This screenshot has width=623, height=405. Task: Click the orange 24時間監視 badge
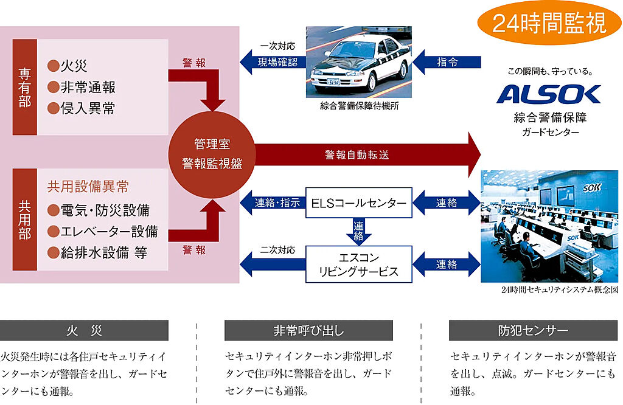(x=549, y=24)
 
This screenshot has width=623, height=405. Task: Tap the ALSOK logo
(x=549, y=94)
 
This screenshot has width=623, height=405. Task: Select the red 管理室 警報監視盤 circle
(x=211, y=154)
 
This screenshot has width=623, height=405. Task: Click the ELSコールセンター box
(x=358, y=202)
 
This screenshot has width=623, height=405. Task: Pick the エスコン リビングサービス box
(x=359, y=265)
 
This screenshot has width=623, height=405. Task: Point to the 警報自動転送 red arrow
(x=365, y=154)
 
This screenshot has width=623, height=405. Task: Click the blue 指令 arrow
(x=447, y=61)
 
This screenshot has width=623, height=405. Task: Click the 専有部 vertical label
(x=24, y=87)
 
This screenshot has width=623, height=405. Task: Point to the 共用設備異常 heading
(x=88, y=187)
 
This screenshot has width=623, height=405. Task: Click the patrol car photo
(x=359, y=62)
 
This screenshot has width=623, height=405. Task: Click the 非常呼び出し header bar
(x=308, y=331)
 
